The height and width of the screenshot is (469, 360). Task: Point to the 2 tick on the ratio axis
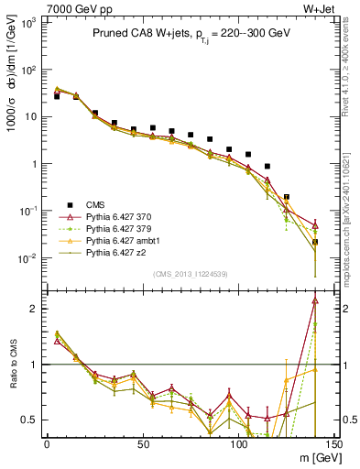coord(34,309)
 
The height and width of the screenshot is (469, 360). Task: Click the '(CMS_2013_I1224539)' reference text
coord(190,273)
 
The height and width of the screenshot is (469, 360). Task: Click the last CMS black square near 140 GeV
coord(315,242)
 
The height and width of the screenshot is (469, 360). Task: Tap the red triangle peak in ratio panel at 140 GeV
coord(315,300)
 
